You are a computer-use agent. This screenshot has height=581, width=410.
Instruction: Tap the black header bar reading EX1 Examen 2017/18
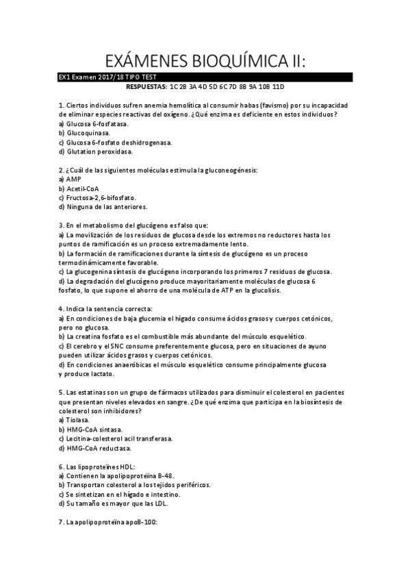tap(205, 78)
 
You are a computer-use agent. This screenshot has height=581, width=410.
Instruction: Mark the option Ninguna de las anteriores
tap(106, 206)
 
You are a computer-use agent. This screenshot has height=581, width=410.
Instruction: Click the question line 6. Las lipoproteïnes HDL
tap(103, 466)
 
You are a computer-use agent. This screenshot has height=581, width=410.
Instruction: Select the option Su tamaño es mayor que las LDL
tap(116, 503)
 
